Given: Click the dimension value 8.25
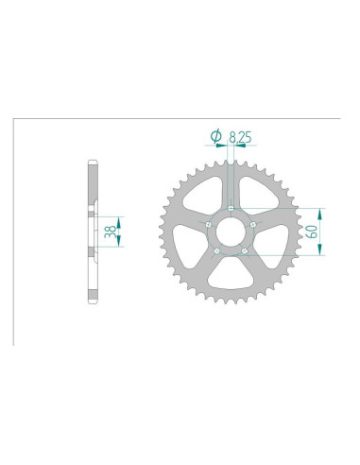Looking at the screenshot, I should [x=237, y=138].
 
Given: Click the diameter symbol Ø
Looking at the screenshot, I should [x=217, y=138].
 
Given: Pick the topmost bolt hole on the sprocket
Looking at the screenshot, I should [x=231, y=208].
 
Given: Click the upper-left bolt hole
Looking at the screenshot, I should [x=209, y=224].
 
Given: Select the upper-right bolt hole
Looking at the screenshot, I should [x=252, y=224].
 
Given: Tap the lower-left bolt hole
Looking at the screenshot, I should [x=217, y=250].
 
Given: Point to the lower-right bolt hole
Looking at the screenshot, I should [x=244, y=250].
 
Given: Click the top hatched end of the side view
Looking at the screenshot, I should [x=93, y=172].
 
